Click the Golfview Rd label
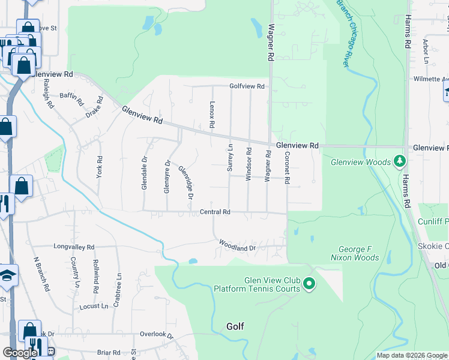pyautogui.click(x=247, y=86)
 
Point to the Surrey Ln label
pyautogui.click(x=229, y=158)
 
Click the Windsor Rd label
pyautogui.click(x=248, y=162)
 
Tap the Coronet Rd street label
pyautogui.click(x=288, y=167)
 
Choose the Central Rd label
pyautogui.click(x=215, y=212)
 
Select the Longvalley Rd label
pyautogui.click(x=74, y=247)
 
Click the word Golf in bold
pyautogui.click(x=235, y=326)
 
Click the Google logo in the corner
pyautogui.click(x=20, y=353)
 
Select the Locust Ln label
pyautogui.click(x=94, y=306)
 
